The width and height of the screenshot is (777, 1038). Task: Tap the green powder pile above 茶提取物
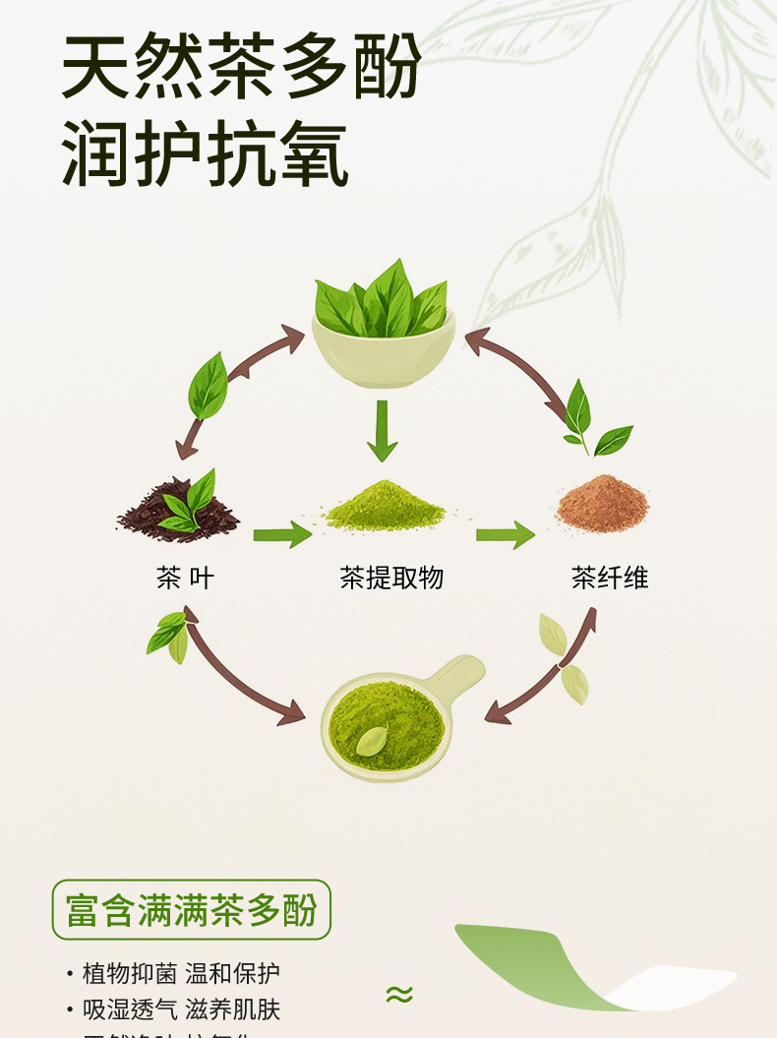pos(386,508)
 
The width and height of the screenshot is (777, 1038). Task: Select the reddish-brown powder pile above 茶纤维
pos(603,504)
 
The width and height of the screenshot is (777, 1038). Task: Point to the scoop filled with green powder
pos(388,723)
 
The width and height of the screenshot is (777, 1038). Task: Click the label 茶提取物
pos(391,578)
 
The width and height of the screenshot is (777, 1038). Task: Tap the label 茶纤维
pos(610,578)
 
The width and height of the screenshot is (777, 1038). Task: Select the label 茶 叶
pos(184,578)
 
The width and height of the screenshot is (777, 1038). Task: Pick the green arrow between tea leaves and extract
pos(282,535)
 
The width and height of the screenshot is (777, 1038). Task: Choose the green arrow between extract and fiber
pos(505,535)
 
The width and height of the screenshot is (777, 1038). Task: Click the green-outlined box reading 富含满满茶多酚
pos(191,910)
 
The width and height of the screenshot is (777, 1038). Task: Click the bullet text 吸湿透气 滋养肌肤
pos(181,1009)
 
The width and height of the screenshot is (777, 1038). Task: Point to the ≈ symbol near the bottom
pos(398,994)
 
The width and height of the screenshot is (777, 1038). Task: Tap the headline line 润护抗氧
pos(206,154)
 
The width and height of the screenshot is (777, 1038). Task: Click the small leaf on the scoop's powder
pos(372,740)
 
